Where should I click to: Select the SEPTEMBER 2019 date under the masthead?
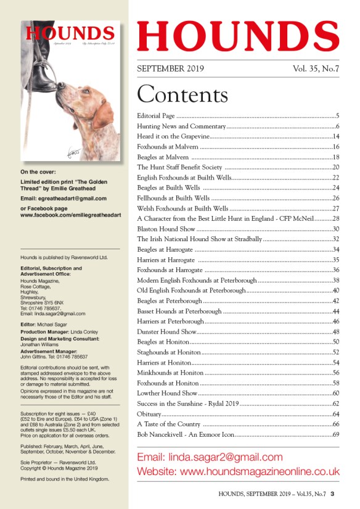170,68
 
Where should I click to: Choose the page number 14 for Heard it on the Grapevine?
335,136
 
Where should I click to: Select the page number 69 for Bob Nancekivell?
335,435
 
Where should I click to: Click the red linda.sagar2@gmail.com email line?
210,457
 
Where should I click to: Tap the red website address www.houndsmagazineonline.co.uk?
238,471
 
